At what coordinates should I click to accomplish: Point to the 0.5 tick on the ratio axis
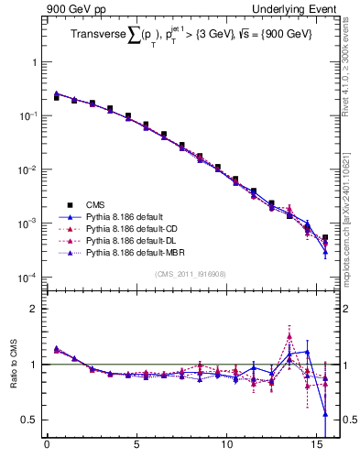pyautogui.click(x=31, y=420)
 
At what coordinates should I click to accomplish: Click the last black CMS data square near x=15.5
pyautogui.click(x=325, y=238)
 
